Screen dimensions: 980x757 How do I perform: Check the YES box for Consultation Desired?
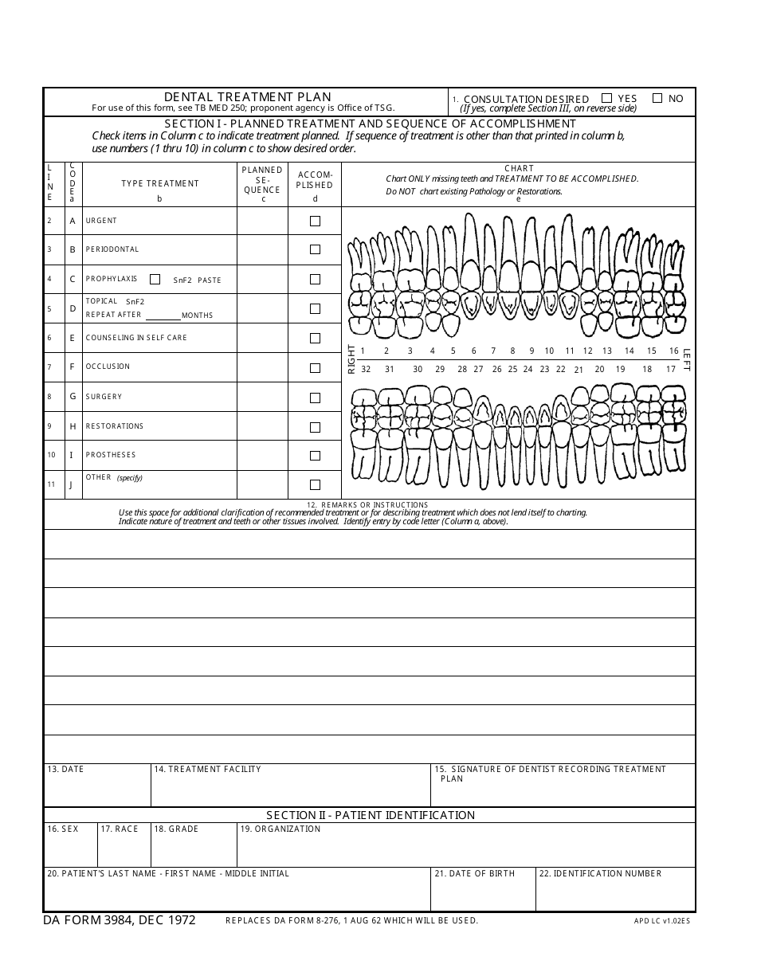pyautogui.click(x=607, y=98)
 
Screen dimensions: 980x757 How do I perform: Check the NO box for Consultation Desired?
pyautogui.click(x=657, y=98)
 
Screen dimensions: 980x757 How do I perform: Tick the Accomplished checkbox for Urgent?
pyautogui.click(x=315, y=221)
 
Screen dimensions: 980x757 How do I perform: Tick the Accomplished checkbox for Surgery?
pyautogui.click(x=315, y=397)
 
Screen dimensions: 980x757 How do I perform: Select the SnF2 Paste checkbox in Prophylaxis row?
pyautogui.click(x=155, y=279)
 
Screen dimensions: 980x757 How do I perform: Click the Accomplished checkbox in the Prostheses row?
pyautogui.click(x=315, y=456)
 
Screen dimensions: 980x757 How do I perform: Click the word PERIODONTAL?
pyautogui.click(x=112, y=249)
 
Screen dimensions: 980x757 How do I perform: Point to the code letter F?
pyautogui.click(x=73, y=367)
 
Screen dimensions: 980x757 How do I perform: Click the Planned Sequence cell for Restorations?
pyautogui.click(x=262, y=426)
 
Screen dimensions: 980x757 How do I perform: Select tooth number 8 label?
pyautogui.click(x=512, y=351)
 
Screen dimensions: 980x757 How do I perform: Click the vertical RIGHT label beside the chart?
pyautogui.click(x=351, y=359)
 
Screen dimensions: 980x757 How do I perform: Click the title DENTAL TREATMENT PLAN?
pyautogui.click(x=247, y=97)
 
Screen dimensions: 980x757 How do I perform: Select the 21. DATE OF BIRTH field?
pyautogui.click(x=483, y=892)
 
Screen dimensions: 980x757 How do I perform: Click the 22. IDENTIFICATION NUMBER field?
pyautogui.click(x=615, y=892)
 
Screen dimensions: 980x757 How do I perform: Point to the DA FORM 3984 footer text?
pyautogui.click(x=120, y=920)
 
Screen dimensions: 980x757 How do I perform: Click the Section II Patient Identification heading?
pyautogui.click(x=371, y=815)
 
